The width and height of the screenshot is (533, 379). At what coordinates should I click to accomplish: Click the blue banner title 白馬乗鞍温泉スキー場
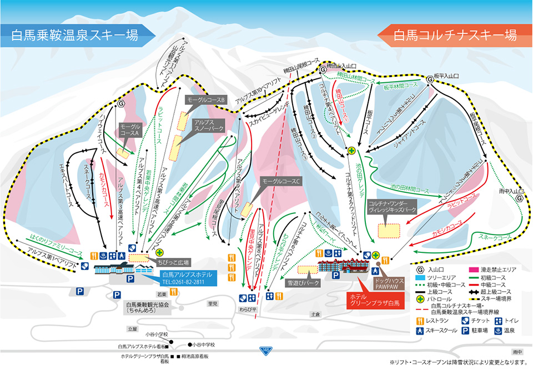(75, 36)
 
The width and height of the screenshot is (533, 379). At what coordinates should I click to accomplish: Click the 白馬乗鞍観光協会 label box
(154, 308)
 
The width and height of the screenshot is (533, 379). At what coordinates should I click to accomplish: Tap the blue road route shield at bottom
(266, 350)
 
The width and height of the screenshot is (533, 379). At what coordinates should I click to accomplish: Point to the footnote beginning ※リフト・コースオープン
(457, 362)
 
